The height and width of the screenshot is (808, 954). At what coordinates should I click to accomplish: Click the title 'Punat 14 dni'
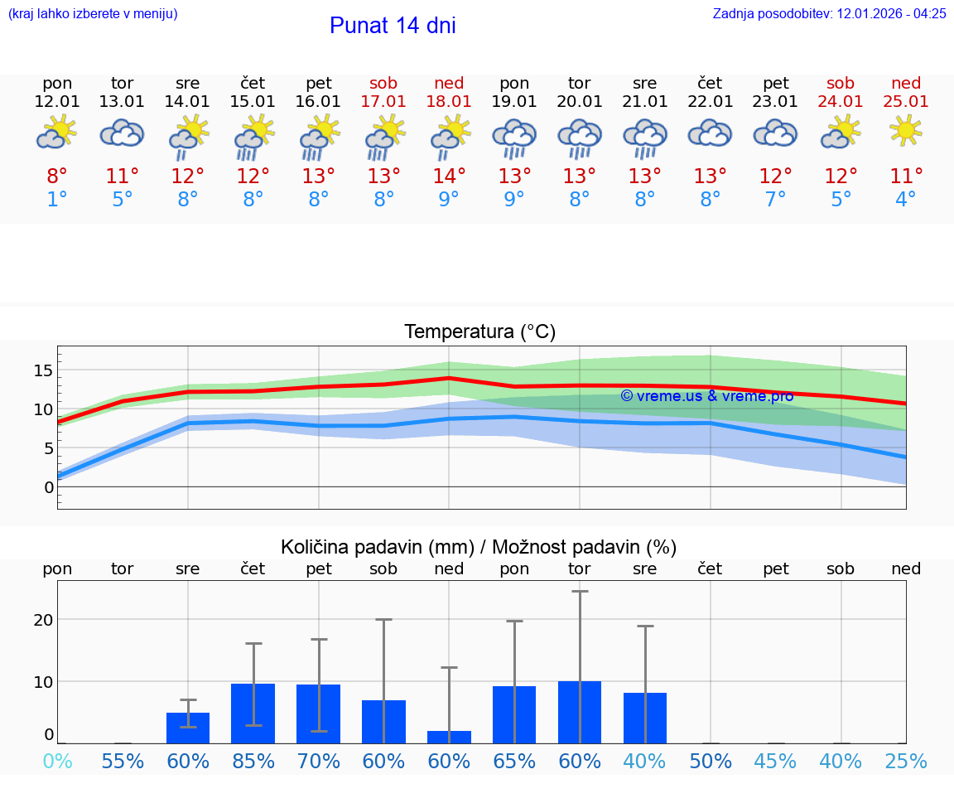click(393, 26)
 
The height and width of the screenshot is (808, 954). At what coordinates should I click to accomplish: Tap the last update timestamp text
click(829, 13)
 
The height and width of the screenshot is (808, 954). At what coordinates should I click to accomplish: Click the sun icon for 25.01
click(906, 131)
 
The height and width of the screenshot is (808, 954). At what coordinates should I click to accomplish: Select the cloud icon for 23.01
click(775, 133)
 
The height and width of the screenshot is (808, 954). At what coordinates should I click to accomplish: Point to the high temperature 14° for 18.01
click(449, 176)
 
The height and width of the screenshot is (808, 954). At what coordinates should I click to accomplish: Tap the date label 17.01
click(383, 101)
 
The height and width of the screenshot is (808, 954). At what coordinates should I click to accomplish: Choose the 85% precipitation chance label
click(253, 761)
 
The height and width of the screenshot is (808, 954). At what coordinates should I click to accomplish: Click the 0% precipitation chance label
click(57, 761)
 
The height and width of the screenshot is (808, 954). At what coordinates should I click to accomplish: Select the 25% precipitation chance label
click(906, 761)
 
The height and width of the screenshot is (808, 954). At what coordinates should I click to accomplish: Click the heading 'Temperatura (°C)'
click(479, 332)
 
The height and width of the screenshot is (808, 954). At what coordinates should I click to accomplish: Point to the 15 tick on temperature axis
click(43, 370)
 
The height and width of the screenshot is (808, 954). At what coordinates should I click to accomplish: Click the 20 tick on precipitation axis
click(43, 620)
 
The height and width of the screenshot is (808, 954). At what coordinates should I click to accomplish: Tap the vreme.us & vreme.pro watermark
click(706, 396)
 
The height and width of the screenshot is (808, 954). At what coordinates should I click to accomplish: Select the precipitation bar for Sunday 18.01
click(449, 737)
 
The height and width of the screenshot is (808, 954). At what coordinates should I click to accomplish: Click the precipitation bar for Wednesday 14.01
click(188, 728)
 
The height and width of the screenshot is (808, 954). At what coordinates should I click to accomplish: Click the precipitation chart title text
click(479, 547)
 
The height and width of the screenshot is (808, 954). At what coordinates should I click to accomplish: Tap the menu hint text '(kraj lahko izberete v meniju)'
click(93, 13)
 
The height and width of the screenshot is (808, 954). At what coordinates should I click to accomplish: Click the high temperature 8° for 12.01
click(57, 176)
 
